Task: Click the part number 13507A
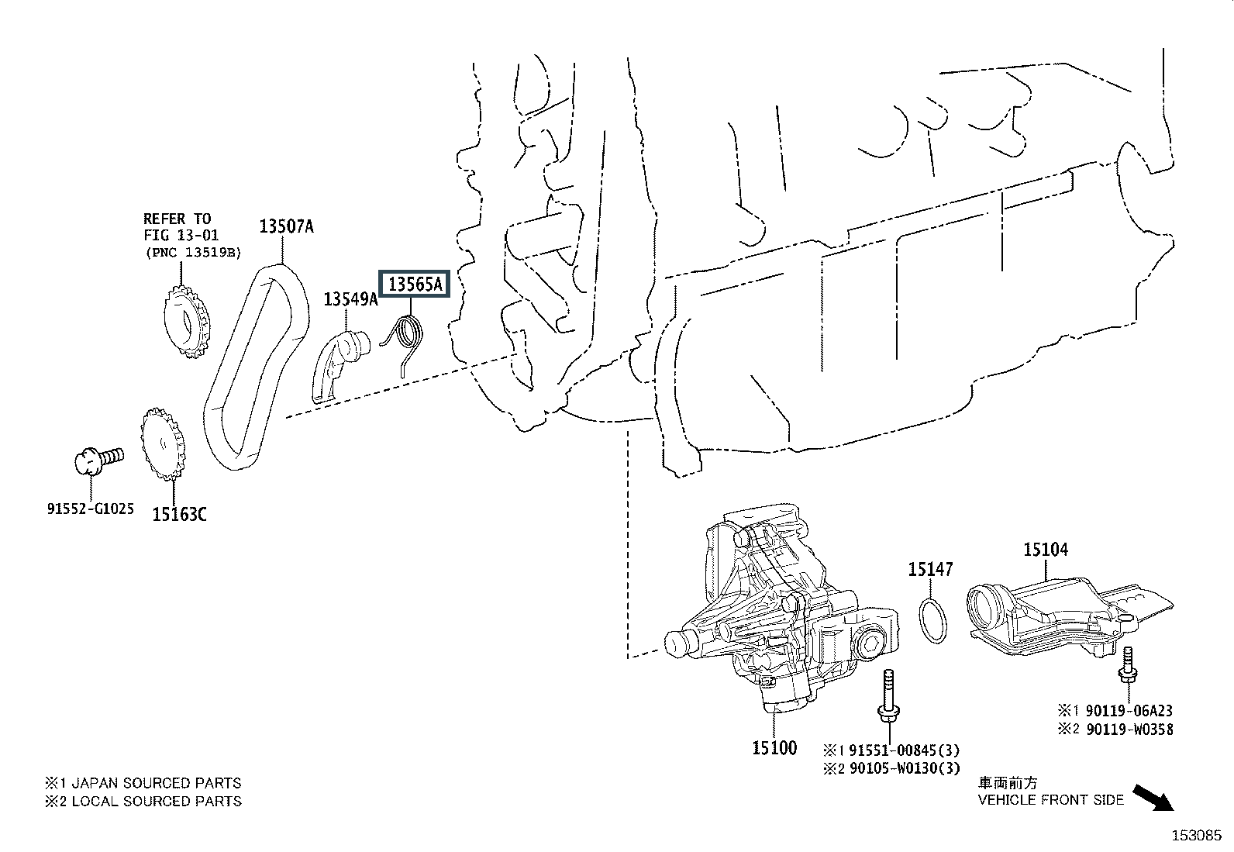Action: point(286,227)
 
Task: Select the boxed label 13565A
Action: point(415,285)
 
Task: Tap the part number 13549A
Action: point(350,298)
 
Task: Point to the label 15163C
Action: point(179,513)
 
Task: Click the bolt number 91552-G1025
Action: point(90,509)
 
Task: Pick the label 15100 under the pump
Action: point(774,748)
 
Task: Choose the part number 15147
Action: point(930,570)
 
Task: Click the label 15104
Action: point(1045,550)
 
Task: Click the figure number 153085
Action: point(1195,836)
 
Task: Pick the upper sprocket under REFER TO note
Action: point(186,320)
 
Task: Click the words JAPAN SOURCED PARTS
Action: point(155,783)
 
